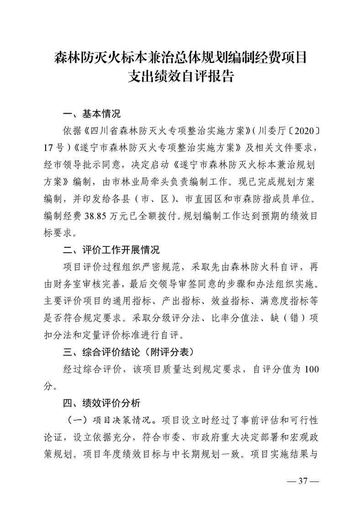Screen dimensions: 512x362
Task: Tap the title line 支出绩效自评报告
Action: pyautogui.click(x=181, y=76)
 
